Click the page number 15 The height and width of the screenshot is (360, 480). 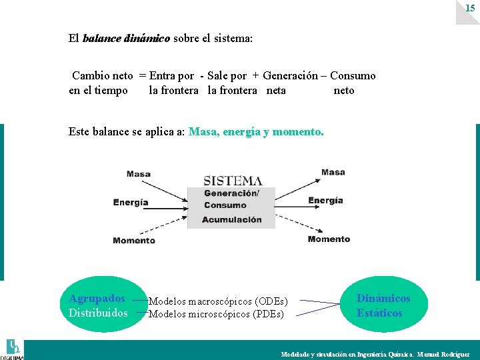tap(470, 9)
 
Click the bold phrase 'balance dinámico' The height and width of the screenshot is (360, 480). tap(126, 38)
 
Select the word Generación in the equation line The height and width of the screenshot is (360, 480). tap(290, 76)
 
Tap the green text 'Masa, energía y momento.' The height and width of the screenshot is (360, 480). tap(257, 132)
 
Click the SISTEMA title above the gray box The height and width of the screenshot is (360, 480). tap(232, 180)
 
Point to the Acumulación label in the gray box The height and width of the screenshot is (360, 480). tap(231, 219)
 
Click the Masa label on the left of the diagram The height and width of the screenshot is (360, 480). tap(139, 174)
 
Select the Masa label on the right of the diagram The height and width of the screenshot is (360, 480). tap(333, 172)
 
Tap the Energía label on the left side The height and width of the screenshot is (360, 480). tap(131, 203)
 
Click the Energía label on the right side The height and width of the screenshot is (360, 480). tap(325, 200)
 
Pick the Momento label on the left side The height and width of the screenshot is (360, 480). tap(134, 241)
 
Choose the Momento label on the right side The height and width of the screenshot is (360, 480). tap(329, 239)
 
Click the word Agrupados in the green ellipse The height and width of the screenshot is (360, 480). tap(97, 298)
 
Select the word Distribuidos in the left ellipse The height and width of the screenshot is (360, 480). tap(98, 313)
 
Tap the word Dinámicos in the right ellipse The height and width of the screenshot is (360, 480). tap(383, 299)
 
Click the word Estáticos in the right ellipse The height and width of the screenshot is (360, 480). tap(379, 313)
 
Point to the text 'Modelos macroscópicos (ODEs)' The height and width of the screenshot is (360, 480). tap(218, 302)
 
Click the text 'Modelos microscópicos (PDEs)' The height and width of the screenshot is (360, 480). tap(216, 314)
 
